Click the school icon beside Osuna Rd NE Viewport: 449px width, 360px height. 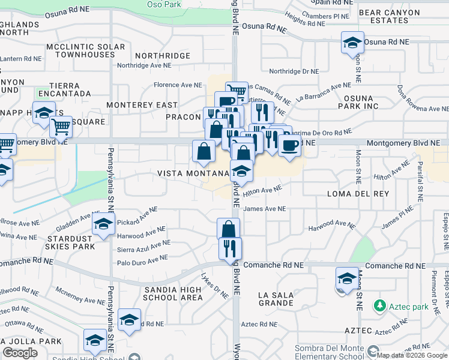[x=352, y=43]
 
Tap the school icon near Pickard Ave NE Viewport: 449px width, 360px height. [x=103, y=224]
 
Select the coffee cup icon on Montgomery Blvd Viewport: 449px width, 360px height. [x=289, y=145]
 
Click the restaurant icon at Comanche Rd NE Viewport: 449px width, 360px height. [x=230, y=248]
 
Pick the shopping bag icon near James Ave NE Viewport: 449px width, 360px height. [x=228, y=229]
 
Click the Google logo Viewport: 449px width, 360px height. [x=20, y=353]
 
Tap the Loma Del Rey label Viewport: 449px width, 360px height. [x=358, y=194]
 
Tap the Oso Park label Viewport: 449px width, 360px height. [x=164, y=4]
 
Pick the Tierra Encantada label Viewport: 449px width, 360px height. [x=64, y=90]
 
